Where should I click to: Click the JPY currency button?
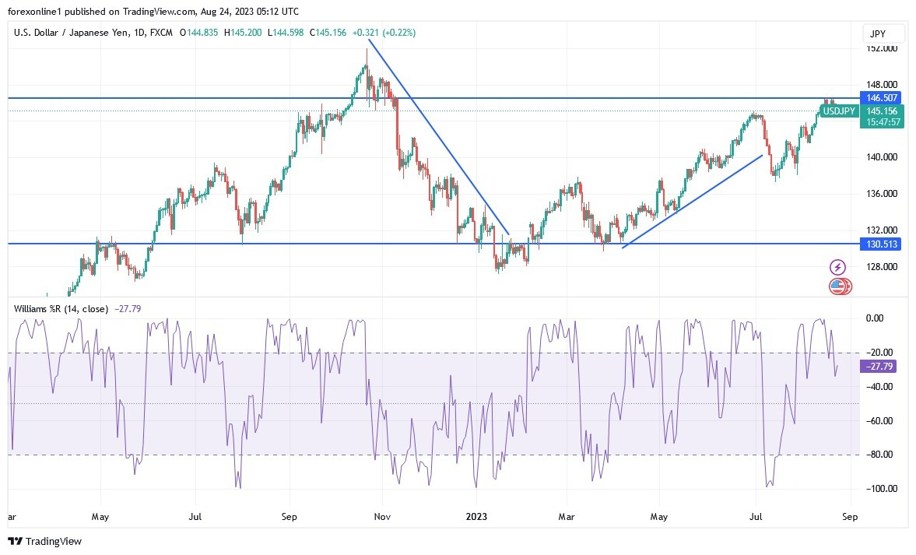tap(884, 33)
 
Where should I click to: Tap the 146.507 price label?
tap(882, 98)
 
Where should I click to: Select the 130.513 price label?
tap(882, 244)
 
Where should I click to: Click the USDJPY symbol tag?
tap(839, 111)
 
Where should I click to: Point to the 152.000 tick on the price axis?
tap(882, 48)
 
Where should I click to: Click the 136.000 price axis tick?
tap(882, 194)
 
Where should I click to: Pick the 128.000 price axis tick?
tap(882, 267)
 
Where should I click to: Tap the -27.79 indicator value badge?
tap(882, 366)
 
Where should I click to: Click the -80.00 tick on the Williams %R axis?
tap(882, 455)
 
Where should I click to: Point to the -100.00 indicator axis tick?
tap(882, 489)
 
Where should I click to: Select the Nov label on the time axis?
tap(382, 516)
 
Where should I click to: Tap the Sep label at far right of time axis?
tap(851, 516)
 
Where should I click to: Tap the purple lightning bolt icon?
tap(838, 267)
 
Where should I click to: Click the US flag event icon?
tap(837, 286)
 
